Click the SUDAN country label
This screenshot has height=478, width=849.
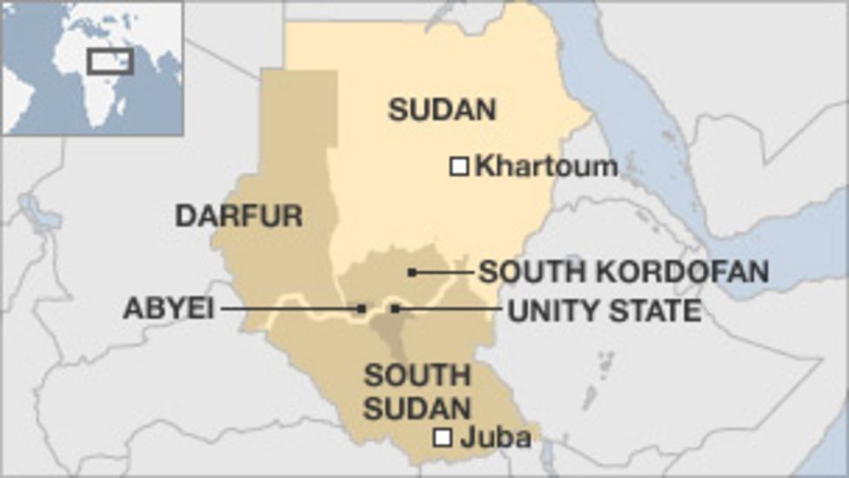pos(442,110)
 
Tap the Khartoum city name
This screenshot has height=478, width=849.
pos(546,165)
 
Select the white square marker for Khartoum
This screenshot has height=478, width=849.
pos(459,165)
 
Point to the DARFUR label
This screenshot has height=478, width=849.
pos(238,215)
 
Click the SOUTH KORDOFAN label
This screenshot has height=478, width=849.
pos(624,273)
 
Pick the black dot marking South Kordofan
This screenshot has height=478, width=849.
pos(412,273)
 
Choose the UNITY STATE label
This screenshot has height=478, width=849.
pos(604,310)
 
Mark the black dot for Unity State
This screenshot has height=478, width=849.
pos(396,308)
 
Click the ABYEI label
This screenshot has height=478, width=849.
pos(168,308)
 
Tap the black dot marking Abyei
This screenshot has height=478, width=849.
pos(361,308)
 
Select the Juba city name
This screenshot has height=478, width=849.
pos(495,438)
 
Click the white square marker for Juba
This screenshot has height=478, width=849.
pos(443,438)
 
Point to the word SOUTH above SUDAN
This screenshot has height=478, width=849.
pos(417,376)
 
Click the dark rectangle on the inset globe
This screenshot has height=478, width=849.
pos(110,61)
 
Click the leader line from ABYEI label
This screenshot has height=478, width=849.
pos(287,308)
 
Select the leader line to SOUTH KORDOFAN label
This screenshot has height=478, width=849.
pos(444,273)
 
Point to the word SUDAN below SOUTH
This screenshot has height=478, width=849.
pos(417,407)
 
